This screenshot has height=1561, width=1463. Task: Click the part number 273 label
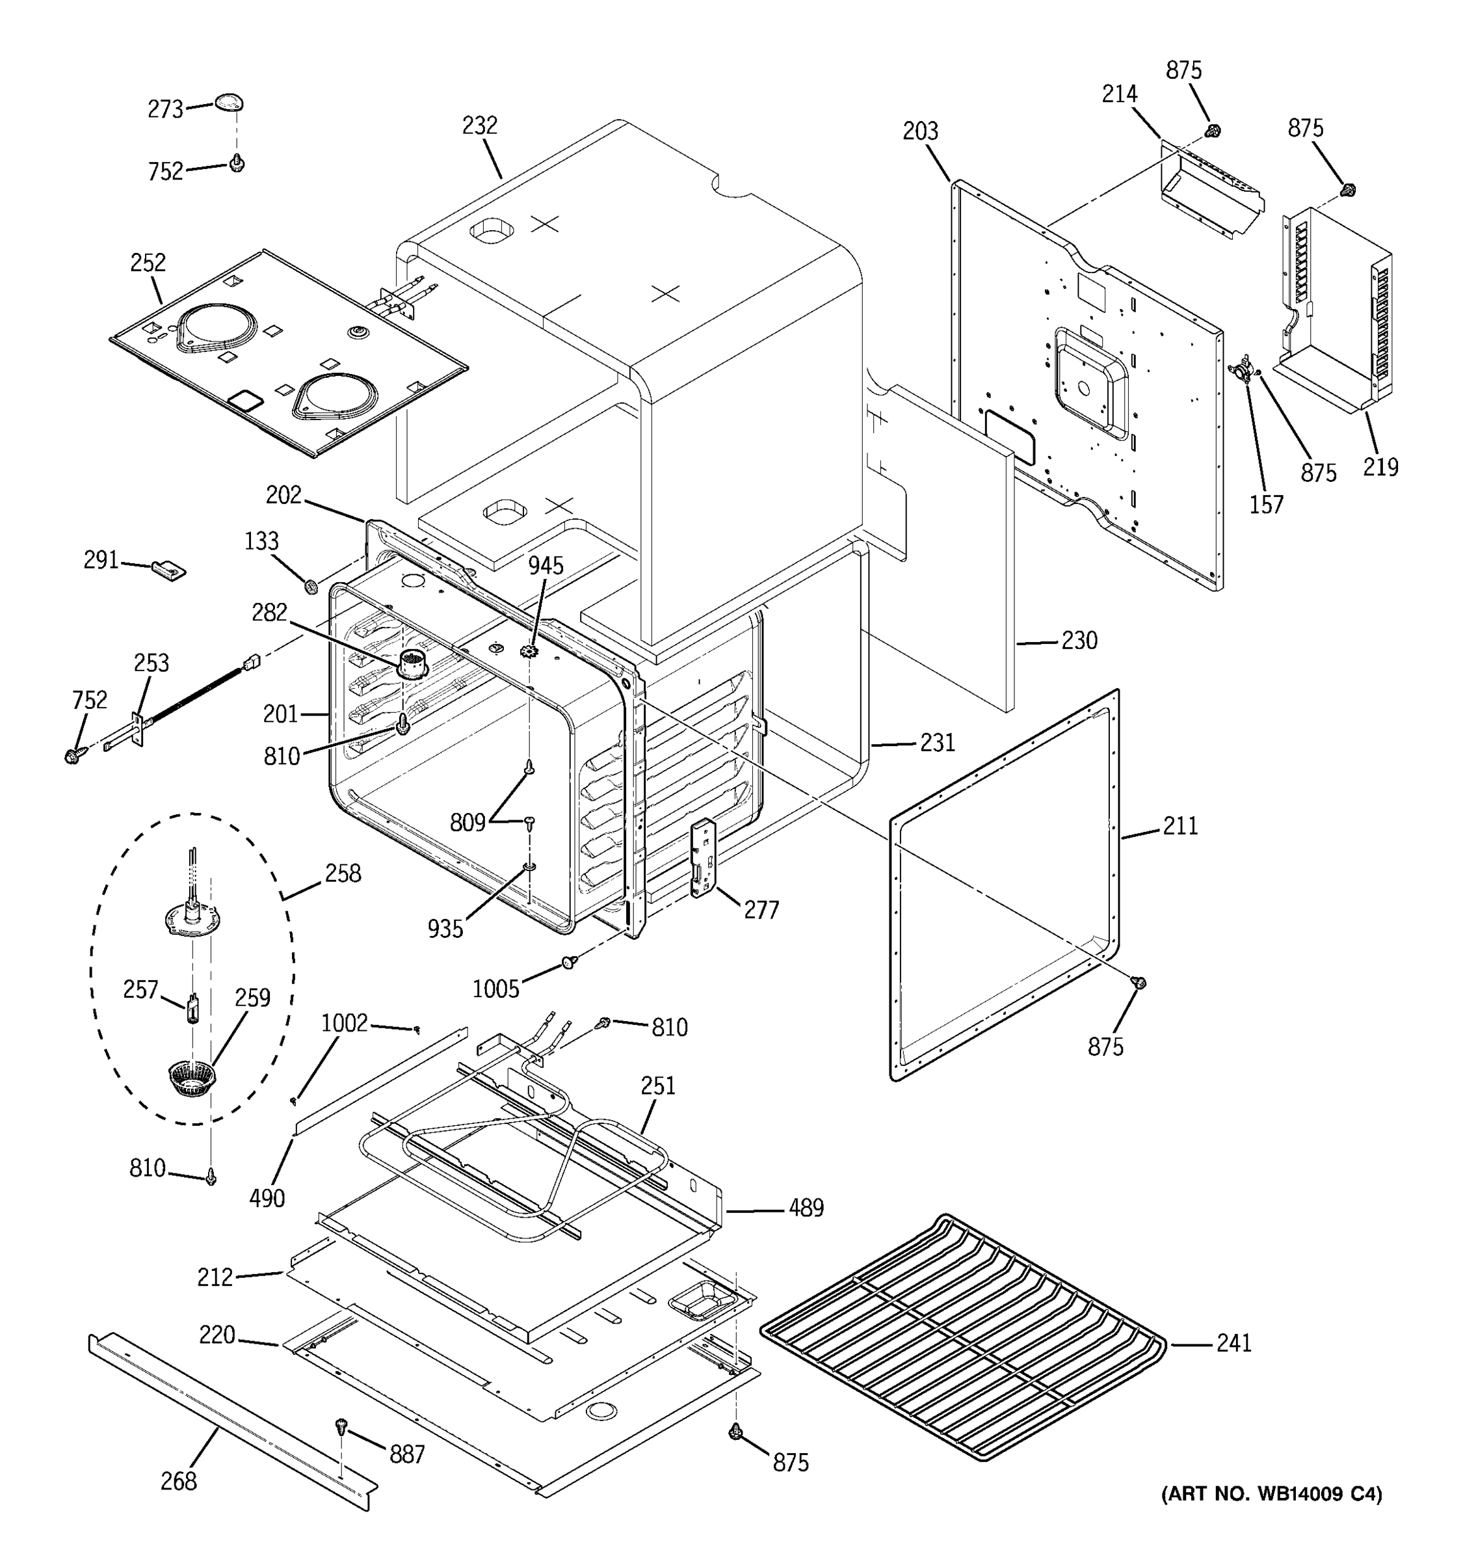tap(165, 109)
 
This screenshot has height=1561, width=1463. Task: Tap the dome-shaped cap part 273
tap(228, 101)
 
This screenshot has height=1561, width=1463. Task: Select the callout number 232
tap(480, 126)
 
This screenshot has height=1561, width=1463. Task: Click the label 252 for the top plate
tap(148, 262)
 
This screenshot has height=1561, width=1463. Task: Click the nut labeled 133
tap(310, 586)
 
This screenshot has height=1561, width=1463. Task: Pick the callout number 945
tap(546, 565)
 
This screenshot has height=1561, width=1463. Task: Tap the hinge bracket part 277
tap(704, 857)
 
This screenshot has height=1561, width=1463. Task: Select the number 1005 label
tap(495, 989)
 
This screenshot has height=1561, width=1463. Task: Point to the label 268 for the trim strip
tap(178, 1481)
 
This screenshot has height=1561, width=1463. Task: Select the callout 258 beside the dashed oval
tap(343, 873)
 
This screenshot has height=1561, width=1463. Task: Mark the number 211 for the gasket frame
tap(1180, 825)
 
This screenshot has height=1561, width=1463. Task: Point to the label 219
tap(1380, 467)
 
